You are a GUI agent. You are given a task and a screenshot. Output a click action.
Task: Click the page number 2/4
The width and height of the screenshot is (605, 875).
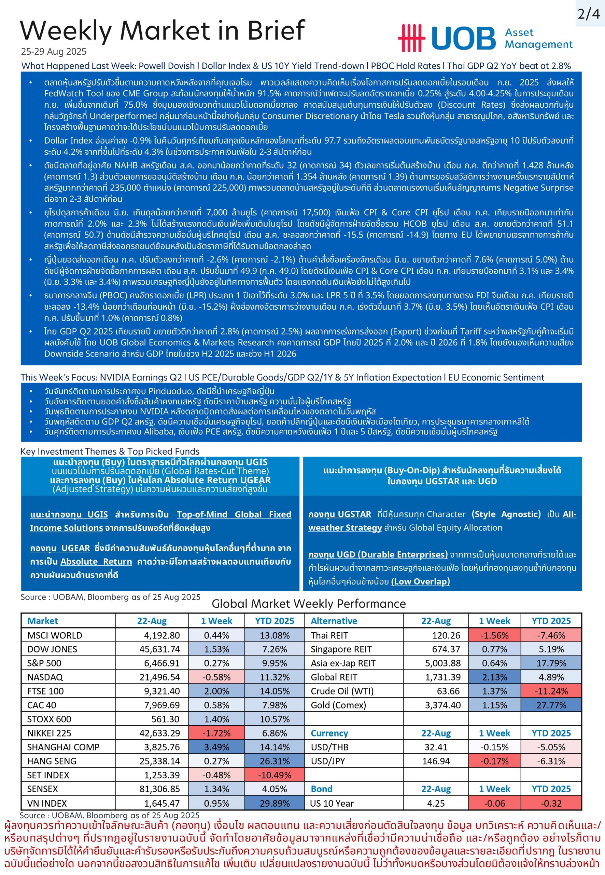pyautogui.click(x=589, y=14)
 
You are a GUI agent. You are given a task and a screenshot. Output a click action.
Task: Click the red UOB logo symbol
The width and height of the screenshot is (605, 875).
pyautogui.click(x=411, y=38)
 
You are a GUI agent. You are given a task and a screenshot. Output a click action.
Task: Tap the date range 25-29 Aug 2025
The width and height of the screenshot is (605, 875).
pyautogui.click(x=54, y=52)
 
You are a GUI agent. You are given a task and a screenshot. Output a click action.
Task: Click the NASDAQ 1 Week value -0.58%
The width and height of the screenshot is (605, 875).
pyautogui.click(x=216, y=677)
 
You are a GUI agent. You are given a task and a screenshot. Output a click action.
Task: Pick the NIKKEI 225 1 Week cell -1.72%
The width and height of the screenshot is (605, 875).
pyautogui.click(x=216, y=733)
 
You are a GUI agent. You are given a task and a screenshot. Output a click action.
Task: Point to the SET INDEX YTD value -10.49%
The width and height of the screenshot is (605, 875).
pyautogui.click(x=275, y=775)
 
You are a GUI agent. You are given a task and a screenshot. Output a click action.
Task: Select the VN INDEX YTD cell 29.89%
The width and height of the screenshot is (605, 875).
pyautogui.click(x=275, y=803)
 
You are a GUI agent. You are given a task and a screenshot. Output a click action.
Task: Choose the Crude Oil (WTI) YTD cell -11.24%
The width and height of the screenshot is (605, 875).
pyautogui.click(x=551, y=691)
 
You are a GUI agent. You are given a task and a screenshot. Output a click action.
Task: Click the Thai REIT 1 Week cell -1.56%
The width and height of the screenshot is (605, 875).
pyautogui.click(x=494, y=635)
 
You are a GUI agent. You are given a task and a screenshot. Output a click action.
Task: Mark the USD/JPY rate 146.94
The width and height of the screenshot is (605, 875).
pyautogui.click(x=436, y=761)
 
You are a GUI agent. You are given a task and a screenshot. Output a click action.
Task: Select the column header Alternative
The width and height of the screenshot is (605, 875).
pyautogui.click(x=334, y=621)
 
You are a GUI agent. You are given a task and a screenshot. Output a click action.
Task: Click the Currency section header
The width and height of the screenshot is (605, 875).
pyautogui.click(x=329, y=733)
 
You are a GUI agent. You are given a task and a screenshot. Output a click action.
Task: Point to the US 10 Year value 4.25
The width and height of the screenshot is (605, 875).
pyautogui.click(x=436, y=803)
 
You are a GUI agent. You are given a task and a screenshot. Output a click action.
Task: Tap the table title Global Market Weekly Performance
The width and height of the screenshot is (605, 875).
pyautogui.click(x=309, y=604)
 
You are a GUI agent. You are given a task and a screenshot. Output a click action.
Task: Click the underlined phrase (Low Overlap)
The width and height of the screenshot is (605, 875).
pyautogui.click(x=420, y=581)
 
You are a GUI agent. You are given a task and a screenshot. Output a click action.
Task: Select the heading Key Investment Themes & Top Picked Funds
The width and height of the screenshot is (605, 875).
pyautogui.click(x=110, y=451)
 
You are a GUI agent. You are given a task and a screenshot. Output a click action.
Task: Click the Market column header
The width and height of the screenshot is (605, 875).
pyautogui.click(x=42, y=621)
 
